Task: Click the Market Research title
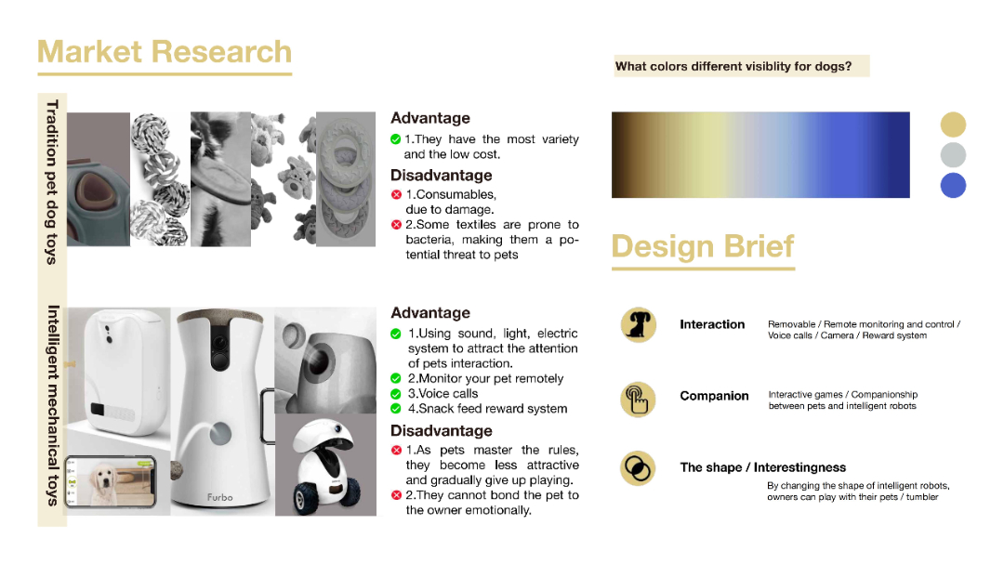coord(165,52)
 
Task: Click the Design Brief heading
coord(703,246)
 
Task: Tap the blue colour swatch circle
coord(953,185)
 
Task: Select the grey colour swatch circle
coord(953,155)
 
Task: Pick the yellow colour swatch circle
coord(953,125)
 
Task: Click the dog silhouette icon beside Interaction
coord(638,324)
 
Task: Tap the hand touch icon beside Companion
coord(638,399)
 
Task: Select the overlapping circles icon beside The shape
coord(638,468)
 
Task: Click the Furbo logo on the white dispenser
coord(219,497)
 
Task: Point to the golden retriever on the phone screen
coord(103,482)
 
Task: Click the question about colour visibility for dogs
coord(733,66)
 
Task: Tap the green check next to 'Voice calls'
coord(396,394)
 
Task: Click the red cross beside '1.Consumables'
coord(396,194)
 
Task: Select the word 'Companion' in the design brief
coord(714,396)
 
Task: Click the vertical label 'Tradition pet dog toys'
coord(52,182)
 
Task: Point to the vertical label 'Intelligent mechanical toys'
coord(52,405)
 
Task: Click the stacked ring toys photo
coord(346,179)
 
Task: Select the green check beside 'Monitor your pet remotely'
coord(396,378)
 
